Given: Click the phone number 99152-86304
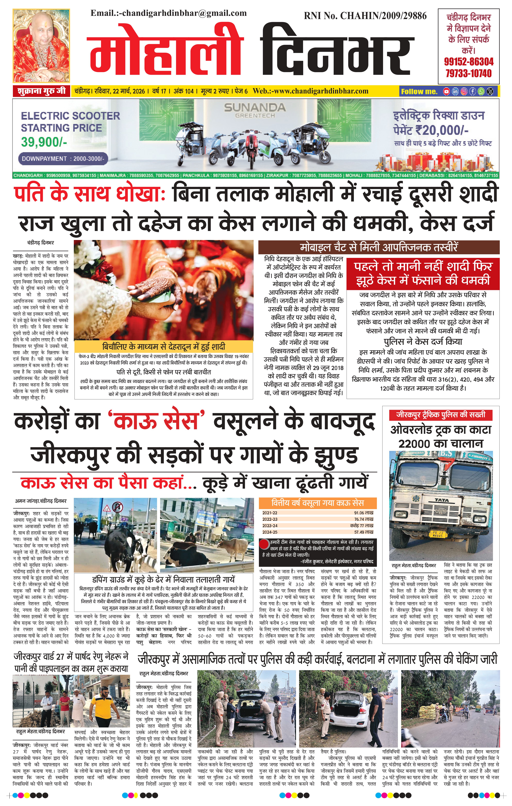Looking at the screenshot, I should pyautogui.click(x=468, y=62).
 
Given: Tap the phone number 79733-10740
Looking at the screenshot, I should pyautogui.click(x=468, y=73).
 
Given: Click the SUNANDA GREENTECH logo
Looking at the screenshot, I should pyautogui.click(x=255, y=110).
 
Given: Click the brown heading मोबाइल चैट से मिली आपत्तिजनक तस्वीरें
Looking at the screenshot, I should pyautogui.click(x=379, y=248).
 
